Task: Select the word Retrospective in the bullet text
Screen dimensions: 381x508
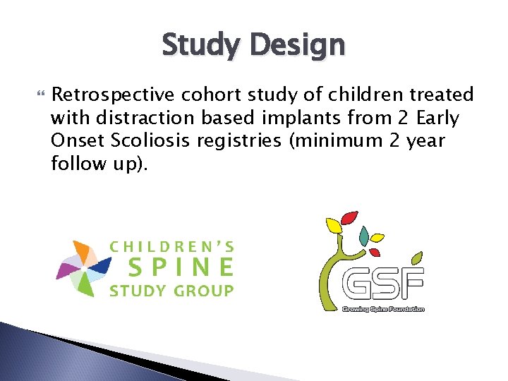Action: (114, 95)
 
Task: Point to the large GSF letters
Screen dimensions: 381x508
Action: (382, 285)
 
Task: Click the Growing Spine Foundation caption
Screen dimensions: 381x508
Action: (382, 309)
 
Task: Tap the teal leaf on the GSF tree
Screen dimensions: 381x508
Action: (364, 234)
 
